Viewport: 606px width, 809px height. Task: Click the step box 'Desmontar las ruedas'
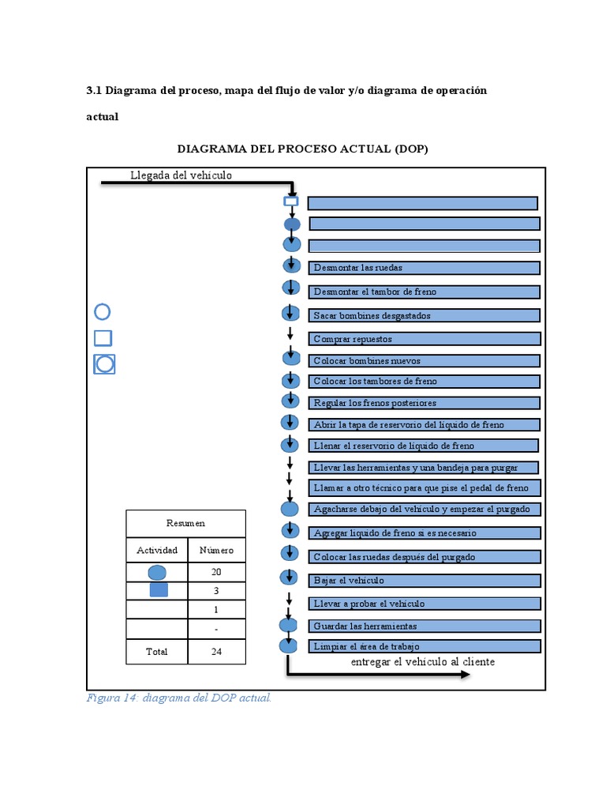pos(425,268)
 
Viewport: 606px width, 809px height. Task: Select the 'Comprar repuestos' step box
pos(425,339)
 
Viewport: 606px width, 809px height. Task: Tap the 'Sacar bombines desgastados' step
pos(425,316)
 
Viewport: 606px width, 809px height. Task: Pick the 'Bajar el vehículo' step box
pos(425,581)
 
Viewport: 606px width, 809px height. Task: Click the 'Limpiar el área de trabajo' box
pos(425,647)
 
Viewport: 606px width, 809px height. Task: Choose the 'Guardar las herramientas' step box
pos(425,626)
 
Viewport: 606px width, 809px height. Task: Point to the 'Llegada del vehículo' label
pos(181,175)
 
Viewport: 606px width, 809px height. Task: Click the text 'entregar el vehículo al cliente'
pos(423,662)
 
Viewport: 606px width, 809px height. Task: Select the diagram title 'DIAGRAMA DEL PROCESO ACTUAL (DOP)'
pos(302,149)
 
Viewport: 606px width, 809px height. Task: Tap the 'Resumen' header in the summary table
pos(185,523)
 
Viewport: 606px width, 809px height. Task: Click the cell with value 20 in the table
pos(216,572)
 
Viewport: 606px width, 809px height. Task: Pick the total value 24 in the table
pos(216,652)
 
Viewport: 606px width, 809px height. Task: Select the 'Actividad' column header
pos(157,550)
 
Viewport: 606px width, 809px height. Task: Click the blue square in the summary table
pos(158,589)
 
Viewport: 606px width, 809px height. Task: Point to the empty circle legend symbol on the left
pos(103,312)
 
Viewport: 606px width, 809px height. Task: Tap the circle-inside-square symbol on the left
pos(104,364)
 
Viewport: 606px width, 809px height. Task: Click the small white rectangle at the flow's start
pos(291,201)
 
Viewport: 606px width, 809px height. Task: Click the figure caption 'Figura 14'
pos(178,698)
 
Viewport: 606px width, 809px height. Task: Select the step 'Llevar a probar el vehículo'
pos(425,604)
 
